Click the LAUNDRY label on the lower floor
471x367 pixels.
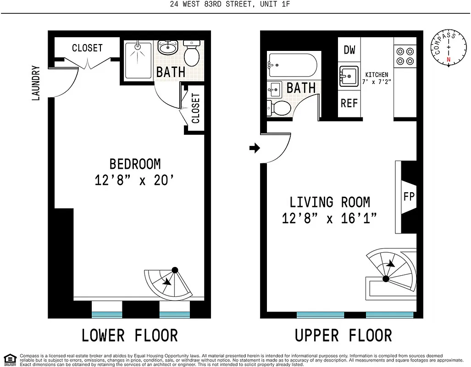point(36,83)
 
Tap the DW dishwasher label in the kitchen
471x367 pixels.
point(349,50)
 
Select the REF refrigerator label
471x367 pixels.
point(349,103)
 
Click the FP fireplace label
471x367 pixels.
point(409,196)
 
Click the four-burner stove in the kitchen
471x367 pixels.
point(405,56)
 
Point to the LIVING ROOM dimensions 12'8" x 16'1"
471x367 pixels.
point(329,218)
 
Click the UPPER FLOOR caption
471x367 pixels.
point(343,335)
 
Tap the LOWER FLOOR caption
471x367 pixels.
point(129,335)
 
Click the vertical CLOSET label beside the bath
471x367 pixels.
point(196,108)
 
